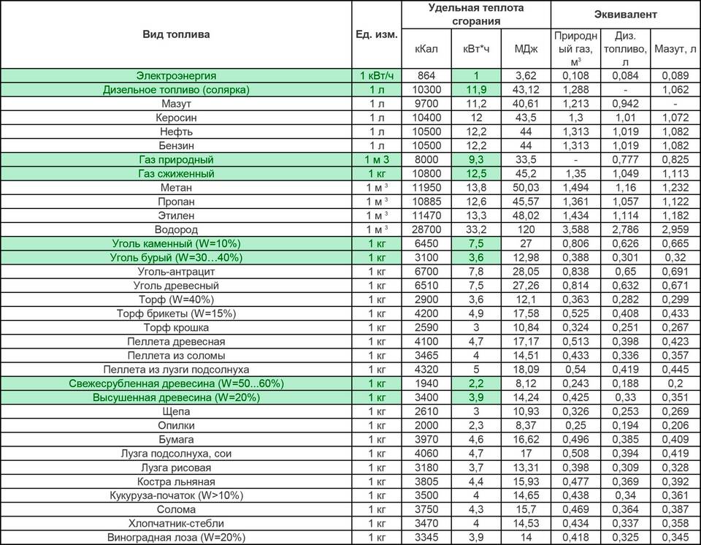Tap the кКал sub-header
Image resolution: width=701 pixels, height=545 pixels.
[426, 48]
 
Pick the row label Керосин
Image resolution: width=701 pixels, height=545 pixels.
[176, 118]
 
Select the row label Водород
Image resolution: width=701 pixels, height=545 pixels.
[176, 229]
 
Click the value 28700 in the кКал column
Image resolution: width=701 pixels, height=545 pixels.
[426, 229]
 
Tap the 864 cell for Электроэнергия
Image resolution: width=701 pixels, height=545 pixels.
[426, 75]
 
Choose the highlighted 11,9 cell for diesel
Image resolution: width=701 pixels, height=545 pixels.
[476, 90]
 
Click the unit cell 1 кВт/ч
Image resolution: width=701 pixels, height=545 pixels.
[377, 75]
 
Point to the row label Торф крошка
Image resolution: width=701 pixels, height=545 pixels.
[176, 327]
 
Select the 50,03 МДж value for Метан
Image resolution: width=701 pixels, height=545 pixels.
[526, 188]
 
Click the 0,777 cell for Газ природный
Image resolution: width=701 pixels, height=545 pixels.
[624, 159]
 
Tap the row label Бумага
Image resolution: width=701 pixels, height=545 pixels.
[176, 440]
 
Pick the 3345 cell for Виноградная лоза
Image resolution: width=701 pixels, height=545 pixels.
[426, 538]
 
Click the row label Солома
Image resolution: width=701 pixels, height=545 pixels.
[176, 509]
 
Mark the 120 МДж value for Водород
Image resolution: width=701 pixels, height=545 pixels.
[526, 229]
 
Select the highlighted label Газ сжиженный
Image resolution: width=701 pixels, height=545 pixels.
[176, 174]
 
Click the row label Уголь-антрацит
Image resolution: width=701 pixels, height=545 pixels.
[176, 272]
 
